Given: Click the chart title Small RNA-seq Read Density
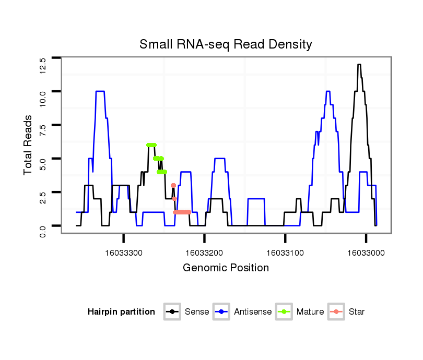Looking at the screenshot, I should [x=226, y=44].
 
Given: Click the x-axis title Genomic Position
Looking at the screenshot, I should [x=226, y=268].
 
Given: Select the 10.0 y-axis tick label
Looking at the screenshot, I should [x=43, y=97].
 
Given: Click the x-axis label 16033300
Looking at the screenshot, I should [x=124, y=253].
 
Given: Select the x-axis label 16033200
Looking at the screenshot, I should [x=205, y=253].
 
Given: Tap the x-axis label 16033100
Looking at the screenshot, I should [x=285, y=253].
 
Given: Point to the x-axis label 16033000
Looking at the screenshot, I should [x=366, y=253].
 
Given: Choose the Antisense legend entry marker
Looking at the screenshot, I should [x=221, y=312].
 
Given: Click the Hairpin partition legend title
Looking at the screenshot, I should [x=122, y=312].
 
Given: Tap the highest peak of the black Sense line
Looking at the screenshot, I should [x=359, y=65].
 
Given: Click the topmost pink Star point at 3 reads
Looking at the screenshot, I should [x=173, y=186].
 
